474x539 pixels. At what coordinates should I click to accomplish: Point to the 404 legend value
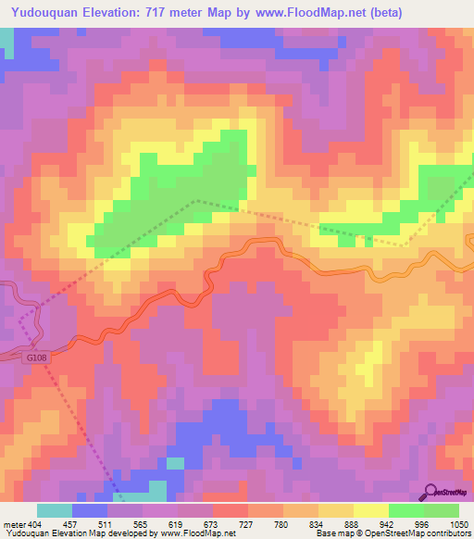click(x=35, y=523)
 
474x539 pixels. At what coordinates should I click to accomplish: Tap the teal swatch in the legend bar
click(x=54, y=510)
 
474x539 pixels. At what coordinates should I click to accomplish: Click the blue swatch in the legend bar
click(x=89, y=510)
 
